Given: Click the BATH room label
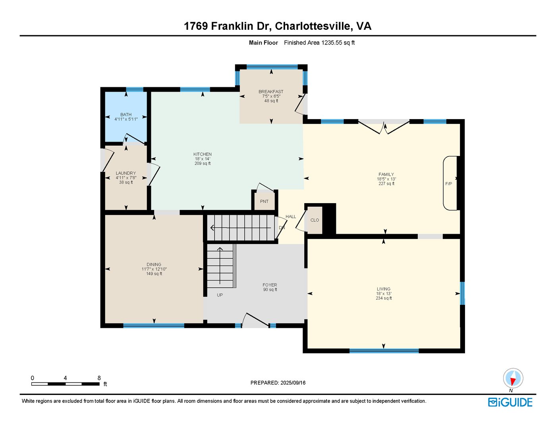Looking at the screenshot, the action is tap(126, 115).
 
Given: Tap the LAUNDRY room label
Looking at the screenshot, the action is tap(125, 173).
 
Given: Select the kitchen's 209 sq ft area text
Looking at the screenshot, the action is tap(203, 164).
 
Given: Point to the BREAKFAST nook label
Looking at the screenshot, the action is tap(271, 92).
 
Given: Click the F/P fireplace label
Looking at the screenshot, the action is tap(448, 184).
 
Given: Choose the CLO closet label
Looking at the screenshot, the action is tap(315, 220).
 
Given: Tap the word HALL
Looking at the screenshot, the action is tap(291, 217).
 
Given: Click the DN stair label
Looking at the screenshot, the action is tap(282, 227).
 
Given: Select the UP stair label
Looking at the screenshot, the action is tap(220, 295).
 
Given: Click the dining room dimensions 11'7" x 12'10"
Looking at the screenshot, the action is tap(154, 269).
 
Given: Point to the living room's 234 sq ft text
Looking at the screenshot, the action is tap(384, 298).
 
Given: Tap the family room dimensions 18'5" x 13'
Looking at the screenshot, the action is tap(386, 179).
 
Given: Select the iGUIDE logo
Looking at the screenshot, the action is tap(510, 402).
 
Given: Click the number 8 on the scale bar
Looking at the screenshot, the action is tap(99, 378).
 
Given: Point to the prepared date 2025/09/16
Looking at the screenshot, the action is tap(293, 383).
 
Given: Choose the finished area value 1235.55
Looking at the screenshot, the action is tap(332, 43).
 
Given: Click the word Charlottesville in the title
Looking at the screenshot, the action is tap(313, 26).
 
